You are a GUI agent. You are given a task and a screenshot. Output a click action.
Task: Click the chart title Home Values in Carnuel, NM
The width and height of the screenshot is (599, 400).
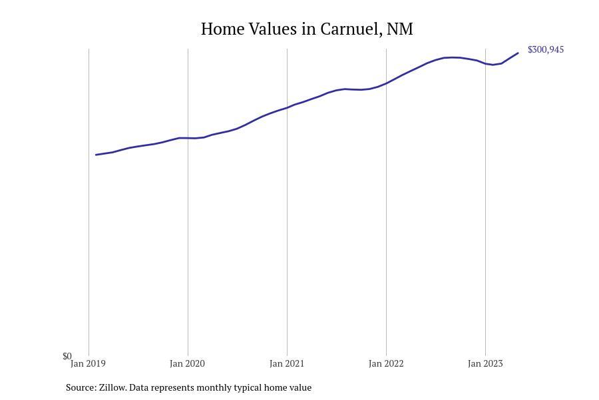pos(307,29)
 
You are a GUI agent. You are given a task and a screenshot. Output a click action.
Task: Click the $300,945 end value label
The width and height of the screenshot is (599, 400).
pos(545,50)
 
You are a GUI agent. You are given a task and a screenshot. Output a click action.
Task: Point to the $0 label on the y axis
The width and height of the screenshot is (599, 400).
pos(67,356)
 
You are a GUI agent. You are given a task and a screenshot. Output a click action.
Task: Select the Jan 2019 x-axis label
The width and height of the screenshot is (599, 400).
pos(88,364)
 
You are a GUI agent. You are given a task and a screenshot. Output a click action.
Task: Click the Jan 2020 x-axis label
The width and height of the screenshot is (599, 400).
pos(187,364)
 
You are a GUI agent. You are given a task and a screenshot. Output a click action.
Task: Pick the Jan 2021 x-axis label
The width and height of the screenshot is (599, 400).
pos(287,364)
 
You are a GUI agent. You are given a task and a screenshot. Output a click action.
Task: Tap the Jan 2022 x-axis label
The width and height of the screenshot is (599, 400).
pos(386,364)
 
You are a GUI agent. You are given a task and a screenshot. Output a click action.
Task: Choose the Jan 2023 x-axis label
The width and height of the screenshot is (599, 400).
pos(485,364)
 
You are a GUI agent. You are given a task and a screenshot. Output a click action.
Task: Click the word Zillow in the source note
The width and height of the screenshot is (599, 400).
pos(112,387)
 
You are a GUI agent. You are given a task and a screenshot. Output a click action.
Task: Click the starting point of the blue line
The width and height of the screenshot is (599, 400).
pos(97,155)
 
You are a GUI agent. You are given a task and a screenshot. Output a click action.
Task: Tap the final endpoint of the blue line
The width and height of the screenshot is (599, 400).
pos(518,53)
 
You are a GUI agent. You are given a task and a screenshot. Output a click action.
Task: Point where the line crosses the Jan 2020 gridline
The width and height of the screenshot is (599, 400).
pos(188,138)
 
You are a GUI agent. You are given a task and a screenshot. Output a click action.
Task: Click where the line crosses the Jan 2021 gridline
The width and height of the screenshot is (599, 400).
pos(287,107)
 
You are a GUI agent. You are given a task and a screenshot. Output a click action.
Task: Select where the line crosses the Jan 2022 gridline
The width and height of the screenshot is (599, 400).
pos(386,83)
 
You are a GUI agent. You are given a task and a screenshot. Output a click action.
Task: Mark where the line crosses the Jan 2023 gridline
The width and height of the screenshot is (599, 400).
pos(485,63)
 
